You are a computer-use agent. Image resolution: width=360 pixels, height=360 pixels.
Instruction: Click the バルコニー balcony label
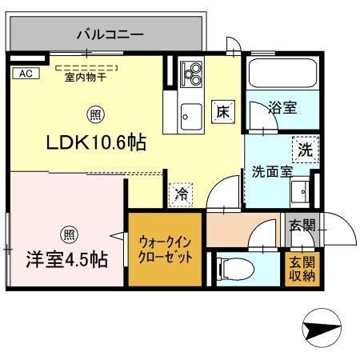pos(110,34)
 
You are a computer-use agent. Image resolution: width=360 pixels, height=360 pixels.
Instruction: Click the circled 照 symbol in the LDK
pos(94,114)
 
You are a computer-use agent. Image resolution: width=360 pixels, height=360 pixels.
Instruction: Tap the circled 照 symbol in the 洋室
pos(66,234)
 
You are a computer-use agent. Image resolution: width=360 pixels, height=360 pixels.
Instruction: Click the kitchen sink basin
pos(190,115)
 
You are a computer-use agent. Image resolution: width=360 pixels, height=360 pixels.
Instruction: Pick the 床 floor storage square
pos(222,113)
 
